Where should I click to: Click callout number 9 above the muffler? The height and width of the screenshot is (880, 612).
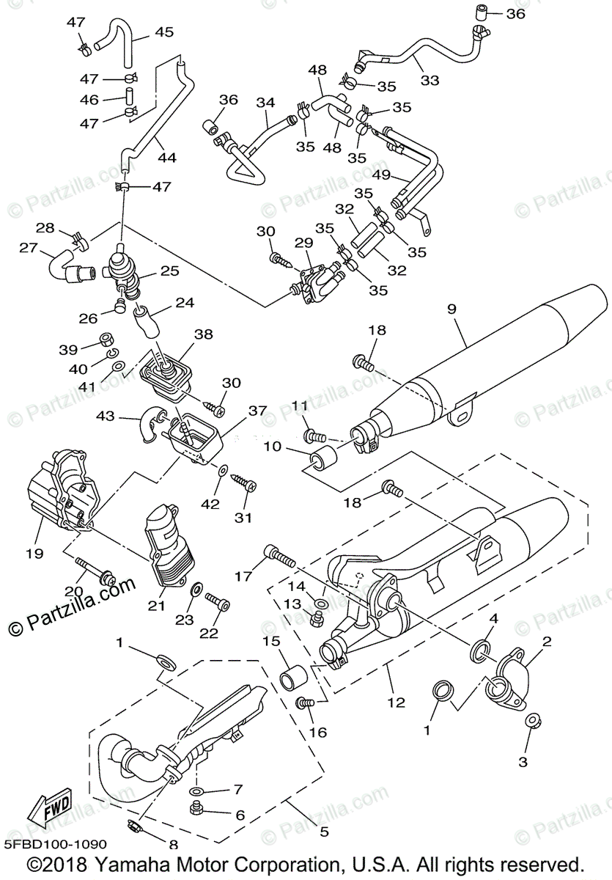[x=451, y=309]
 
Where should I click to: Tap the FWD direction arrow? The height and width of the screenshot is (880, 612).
[x=51, y=811]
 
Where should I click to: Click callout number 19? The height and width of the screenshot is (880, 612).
[x=34, y=551]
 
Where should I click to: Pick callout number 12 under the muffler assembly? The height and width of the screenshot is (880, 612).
[x=396, y=702]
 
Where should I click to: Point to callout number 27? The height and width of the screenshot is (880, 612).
[x=29, y=249]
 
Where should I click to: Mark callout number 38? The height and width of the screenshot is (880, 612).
[x=203, y=334]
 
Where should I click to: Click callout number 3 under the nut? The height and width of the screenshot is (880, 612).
[x=523, y=761]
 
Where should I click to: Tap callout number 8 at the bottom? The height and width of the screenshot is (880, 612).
[x=173, y=843]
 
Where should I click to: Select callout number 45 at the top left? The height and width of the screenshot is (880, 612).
[x=163, y=32]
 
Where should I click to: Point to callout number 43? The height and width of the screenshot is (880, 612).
[x=106, y=415]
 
